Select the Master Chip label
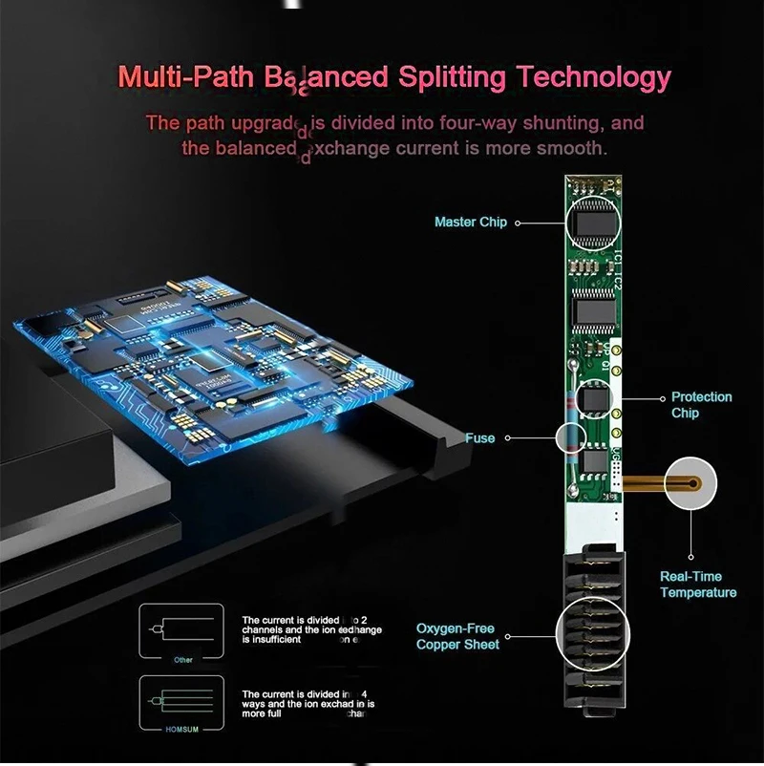pos(470,222)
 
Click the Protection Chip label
pos(701,404)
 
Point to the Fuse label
pos(480,437)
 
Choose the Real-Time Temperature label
pos(698,585)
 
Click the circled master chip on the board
pos(591,223)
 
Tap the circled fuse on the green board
pos(571,438)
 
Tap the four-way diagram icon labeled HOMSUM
pos(182,703)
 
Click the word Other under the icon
pos(182,659)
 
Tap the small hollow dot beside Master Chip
pos(518,223)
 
